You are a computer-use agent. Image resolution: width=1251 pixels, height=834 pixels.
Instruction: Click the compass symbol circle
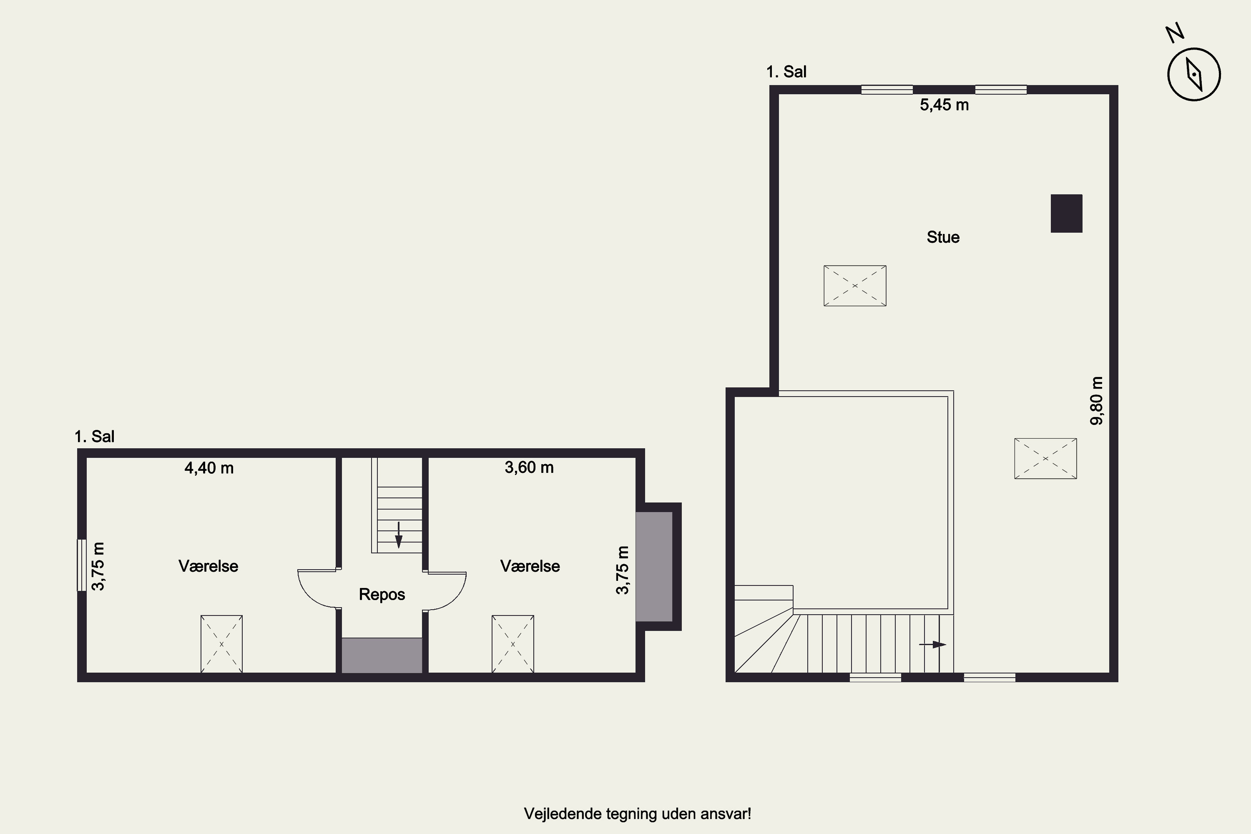[1194, 48]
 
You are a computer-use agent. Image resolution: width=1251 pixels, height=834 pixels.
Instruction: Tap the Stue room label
[943, 237]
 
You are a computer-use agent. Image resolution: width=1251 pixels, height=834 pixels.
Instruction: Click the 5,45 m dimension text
[944, 105]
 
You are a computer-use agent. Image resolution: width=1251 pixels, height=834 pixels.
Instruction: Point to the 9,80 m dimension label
[1096, 400]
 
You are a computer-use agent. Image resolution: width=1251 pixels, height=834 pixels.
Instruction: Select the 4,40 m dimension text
[209, 468]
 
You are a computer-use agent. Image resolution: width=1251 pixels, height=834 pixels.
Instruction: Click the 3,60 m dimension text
[529, 467]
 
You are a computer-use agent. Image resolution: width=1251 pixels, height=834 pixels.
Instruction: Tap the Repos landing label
[382, 594]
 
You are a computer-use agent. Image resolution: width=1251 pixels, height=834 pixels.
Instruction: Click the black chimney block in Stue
[1066, 213]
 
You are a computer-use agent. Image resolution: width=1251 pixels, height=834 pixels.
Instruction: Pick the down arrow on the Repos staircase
[398, 535]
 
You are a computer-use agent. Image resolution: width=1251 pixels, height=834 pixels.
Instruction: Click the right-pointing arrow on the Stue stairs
[932, 645]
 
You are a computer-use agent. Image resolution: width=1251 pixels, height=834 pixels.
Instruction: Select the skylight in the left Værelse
[221, 644]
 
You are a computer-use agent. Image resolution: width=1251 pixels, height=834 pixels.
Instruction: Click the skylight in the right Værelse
[513, 644]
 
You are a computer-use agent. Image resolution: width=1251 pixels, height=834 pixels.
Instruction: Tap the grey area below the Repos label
[382, 655]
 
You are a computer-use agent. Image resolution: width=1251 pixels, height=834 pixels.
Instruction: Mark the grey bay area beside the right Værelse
[654, 566]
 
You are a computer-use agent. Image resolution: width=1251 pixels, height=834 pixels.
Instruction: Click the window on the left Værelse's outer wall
[81, 565]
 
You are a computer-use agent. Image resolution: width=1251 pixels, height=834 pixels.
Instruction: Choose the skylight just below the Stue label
[855, 286]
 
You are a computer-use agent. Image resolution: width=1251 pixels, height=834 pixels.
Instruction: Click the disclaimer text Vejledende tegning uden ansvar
[637, 814]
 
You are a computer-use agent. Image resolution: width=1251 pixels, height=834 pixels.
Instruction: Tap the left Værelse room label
[208, 566]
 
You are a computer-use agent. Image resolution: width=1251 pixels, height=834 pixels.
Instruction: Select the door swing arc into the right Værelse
[457, 597]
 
